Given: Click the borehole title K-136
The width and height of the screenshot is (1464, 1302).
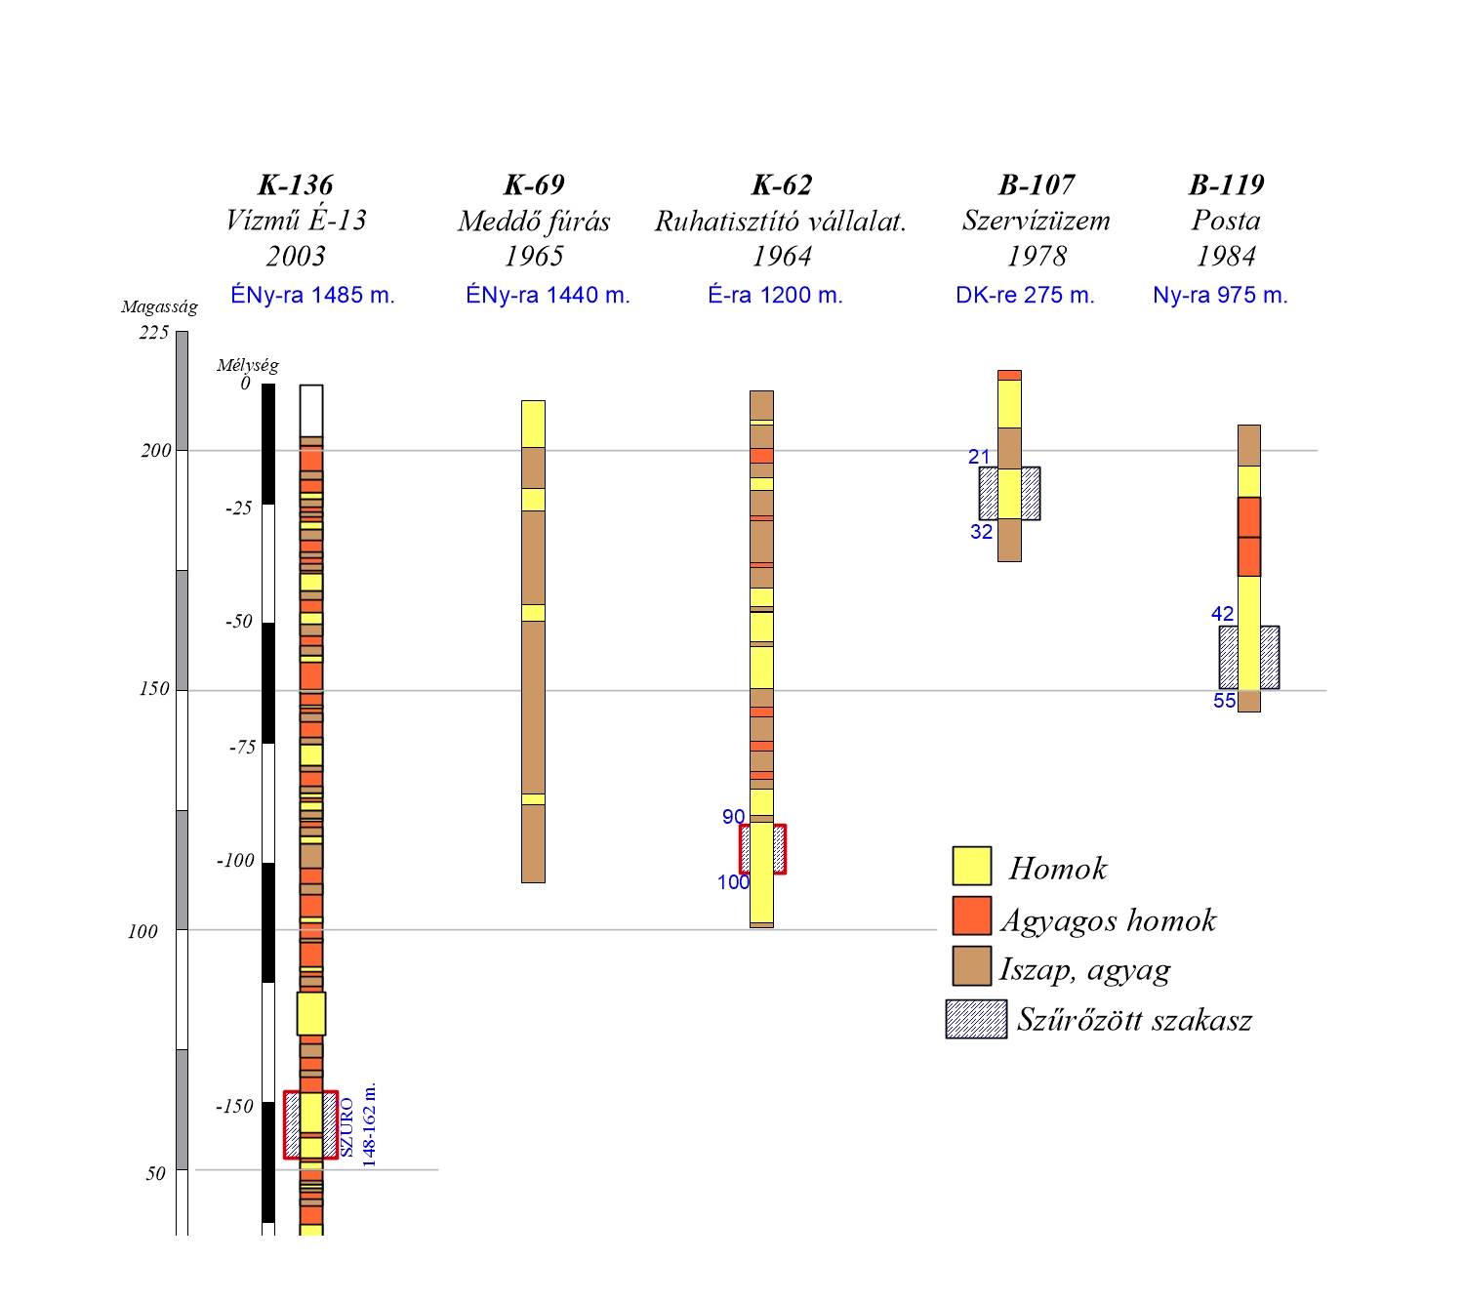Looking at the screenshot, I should pos(295,184).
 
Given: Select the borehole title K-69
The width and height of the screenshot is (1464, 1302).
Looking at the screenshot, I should pos(534,184).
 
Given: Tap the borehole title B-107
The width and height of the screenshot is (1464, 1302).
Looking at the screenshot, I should pos(1037,184).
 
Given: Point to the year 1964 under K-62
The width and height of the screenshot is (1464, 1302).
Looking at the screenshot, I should pos(782,256).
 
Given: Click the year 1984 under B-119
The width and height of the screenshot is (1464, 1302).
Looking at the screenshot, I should pos(1226,256).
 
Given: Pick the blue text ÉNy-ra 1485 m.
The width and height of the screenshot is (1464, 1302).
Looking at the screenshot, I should pos(312,295).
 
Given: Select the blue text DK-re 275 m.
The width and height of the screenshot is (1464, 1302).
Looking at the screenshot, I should pos(1025,295).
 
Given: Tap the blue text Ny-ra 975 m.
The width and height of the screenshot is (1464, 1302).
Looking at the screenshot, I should pos(1220,295).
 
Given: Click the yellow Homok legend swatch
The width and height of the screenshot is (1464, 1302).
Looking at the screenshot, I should pos(972,866).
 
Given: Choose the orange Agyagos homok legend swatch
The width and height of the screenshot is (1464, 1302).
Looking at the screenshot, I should pos(972,915).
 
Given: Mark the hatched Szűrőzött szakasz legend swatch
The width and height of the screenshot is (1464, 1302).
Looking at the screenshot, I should pos(976,1019).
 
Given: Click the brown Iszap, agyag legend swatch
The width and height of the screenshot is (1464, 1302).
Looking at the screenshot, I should pos(972,966).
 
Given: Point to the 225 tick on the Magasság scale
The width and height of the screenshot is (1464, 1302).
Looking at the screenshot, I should pos(154,333).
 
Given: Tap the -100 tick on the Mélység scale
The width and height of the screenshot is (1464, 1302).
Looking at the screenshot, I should pos(235,861).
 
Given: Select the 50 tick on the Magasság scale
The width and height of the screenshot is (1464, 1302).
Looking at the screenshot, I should pos(156,1173).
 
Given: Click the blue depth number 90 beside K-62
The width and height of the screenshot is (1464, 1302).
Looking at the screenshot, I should pos(733,817).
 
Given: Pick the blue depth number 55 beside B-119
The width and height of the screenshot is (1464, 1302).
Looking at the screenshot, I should pos(1224,701).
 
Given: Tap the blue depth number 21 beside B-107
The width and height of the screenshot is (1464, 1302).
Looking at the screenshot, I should pos(979,457).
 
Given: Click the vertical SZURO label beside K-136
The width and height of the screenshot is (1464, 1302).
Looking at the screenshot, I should pos(347,1126).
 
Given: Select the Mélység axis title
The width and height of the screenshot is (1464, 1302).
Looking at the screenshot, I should pos(247,365).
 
